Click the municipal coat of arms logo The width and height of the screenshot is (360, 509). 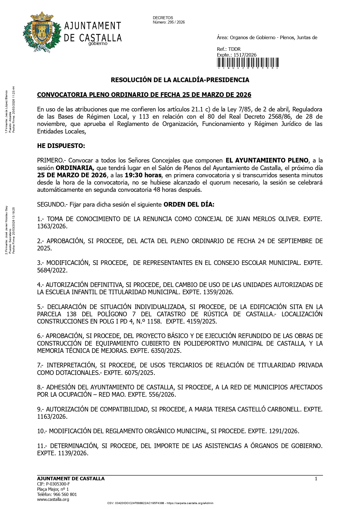point(42,32)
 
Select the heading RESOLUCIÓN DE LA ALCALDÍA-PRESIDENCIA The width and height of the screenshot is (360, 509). point(180,80)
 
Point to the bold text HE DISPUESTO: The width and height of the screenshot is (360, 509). point(61,146)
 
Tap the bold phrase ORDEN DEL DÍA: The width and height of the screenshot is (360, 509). point(189,205)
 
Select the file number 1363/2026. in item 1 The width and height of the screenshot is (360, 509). point(52,226)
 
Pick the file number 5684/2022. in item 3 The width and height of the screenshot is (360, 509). point(52,270)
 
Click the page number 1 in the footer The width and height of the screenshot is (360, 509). point(316,479)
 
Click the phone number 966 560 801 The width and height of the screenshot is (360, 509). point(65,494)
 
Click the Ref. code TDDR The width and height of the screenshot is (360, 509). point(234,49)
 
